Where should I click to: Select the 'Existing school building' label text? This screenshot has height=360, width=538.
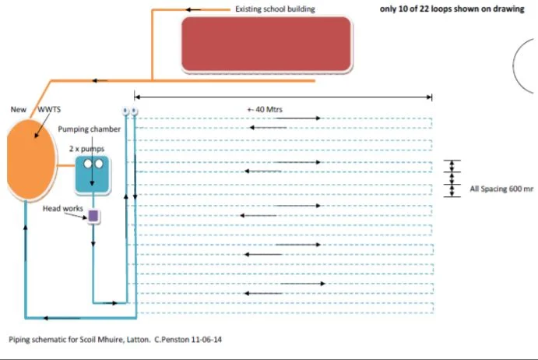275,9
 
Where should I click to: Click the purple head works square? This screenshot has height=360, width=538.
93,216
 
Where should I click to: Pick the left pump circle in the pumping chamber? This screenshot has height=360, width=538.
88,164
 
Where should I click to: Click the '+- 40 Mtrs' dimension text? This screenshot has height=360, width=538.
265,109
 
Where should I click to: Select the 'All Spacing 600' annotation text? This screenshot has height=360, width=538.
501,189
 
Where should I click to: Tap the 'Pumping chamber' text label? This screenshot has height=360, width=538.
90,129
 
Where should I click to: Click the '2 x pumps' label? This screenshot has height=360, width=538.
86,147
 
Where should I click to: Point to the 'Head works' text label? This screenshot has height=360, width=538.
63,208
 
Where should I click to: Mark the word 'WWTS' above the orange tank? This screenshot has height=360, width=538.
49,110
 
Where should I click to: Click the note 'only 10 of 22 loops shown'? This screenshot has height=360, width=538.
452,9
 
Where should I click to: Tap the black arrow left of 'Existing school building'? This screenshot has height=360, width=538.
194,9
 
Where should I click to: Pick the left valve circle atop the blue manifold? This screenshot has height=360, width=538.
125,111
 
